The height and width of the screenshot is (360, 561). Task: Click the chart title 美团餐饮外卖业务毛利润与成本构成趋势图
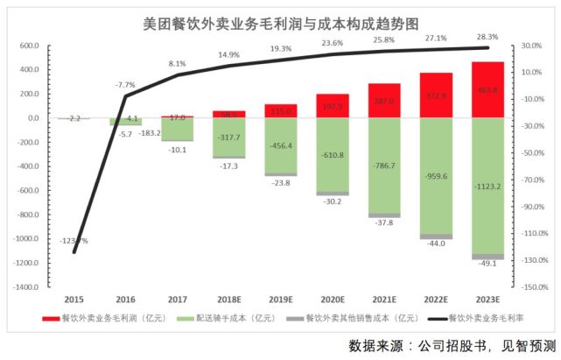coord(279,22)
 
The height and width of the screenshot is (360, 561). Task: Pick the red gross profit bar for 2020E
coord(333,106)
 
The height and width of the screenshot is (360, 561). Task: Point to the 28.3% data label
coord(487,38)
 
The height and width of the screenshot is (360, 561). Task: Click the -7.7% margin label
coord(126,85)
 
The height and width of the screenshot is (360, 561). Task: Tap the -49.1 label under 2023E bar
coord(487,264)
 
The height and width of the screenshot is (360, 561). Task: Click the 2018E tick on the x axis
coord(228,298)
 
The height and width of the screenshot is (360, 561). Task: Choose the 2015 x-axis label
coord(74,298)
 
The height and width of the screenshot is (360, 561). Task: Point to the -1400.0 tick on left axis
coord(26,286)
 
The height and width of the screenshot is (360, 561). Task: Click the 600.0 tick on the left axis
coord(29,46)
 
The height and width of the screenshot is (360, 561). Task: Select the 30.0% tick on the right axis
coord(530,46)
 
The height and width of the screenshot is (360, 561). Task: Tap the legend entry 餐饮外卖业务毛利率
coord(494,319)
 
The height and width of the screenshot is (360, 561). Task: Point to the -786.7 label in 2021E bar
coord(383,164)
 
